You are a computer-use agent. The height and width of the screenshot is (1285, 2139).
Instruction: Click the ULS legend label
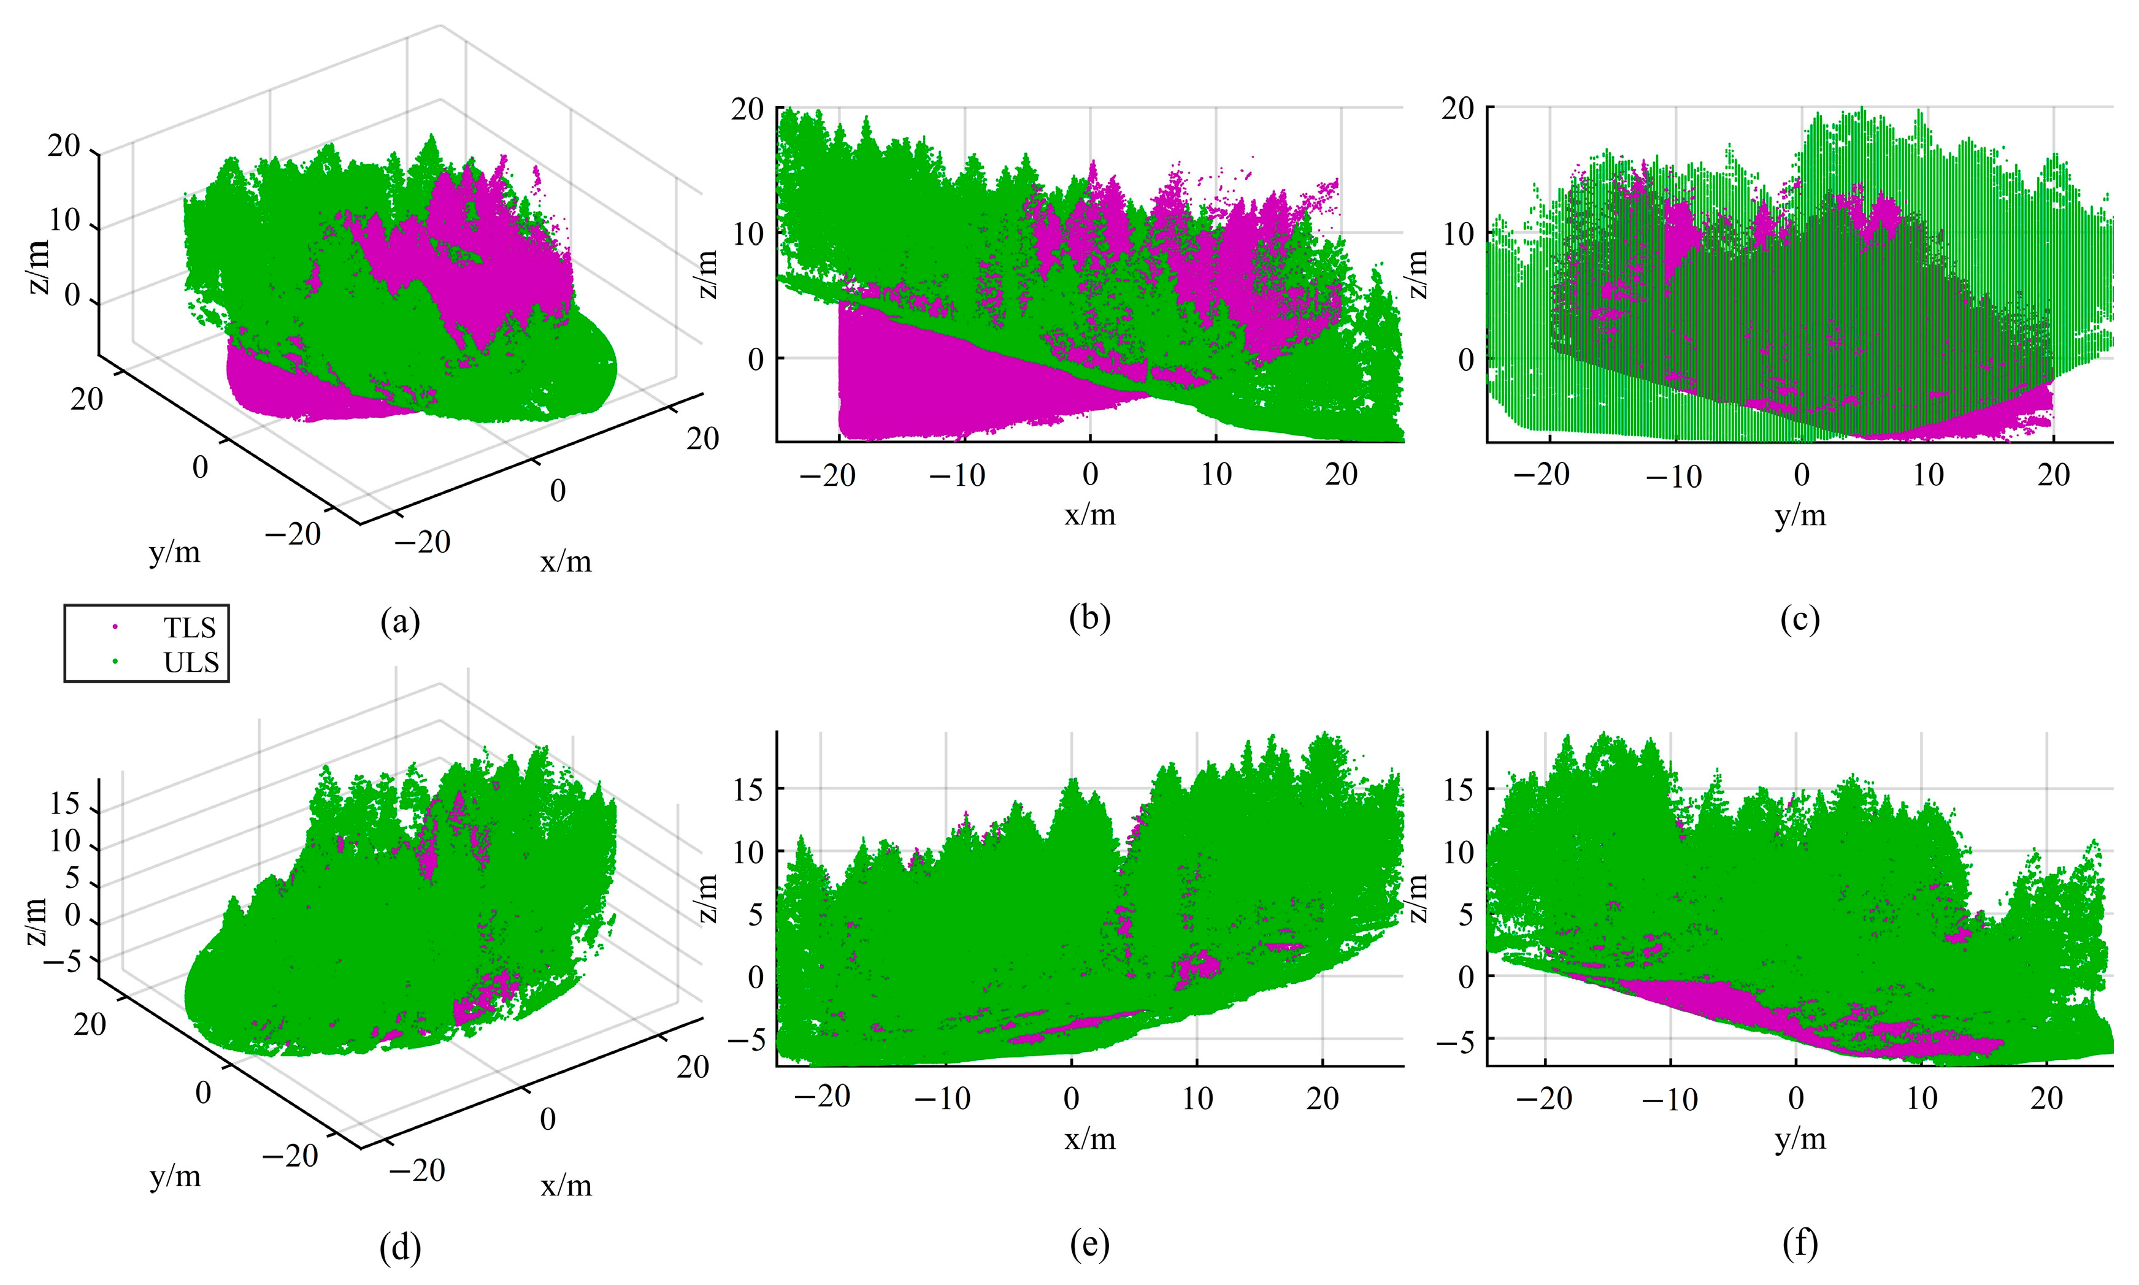pyautogui.click(x=191, y=662)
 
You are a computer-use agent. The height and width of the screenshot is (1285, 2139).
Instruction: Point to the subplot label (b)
pyautogui.click(x=1089, y=618)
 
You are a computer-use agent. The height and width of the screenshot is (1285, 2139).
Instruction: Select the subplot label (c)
pyautogui.click(x=1800, y=618)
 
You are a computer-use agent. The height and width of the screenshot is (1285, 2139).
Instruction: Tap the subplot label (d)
pyautogui.click(x=400, y=1248)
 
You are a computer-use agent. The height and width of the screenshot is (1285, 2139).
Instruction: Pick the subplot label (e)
pyautogui.click(x=1089, y=1245)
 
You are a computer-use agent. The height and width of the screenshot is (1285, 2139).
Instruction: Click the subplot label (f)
pyautogui.click(x=1800, y=1245)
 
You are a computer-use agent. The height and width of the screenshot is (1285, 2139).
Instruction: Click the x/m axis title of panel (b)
pyautogui.click(x=1089, y=515)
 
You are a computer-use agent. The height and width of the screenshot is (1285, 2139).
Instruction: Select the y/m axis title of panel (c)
pyautogui.click(x=1800, y=515)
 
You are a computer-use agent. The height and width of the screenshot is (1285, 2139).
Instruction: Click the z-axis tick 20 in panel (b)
pyautogui.click(x=747, y=109)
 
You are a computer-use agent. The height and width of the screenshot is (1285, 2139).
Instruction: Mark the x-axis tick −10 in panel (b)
pyautogui.click(x=957, y=475)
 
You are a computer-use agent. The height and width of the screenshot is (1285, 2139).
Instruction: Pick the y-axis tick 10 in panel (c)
pyautogui.click(x=1928, y=475)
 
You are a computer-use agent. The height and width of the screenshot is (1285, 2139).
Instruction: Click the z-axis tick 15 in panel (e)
pyautogui.click(x=748, y=789)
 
